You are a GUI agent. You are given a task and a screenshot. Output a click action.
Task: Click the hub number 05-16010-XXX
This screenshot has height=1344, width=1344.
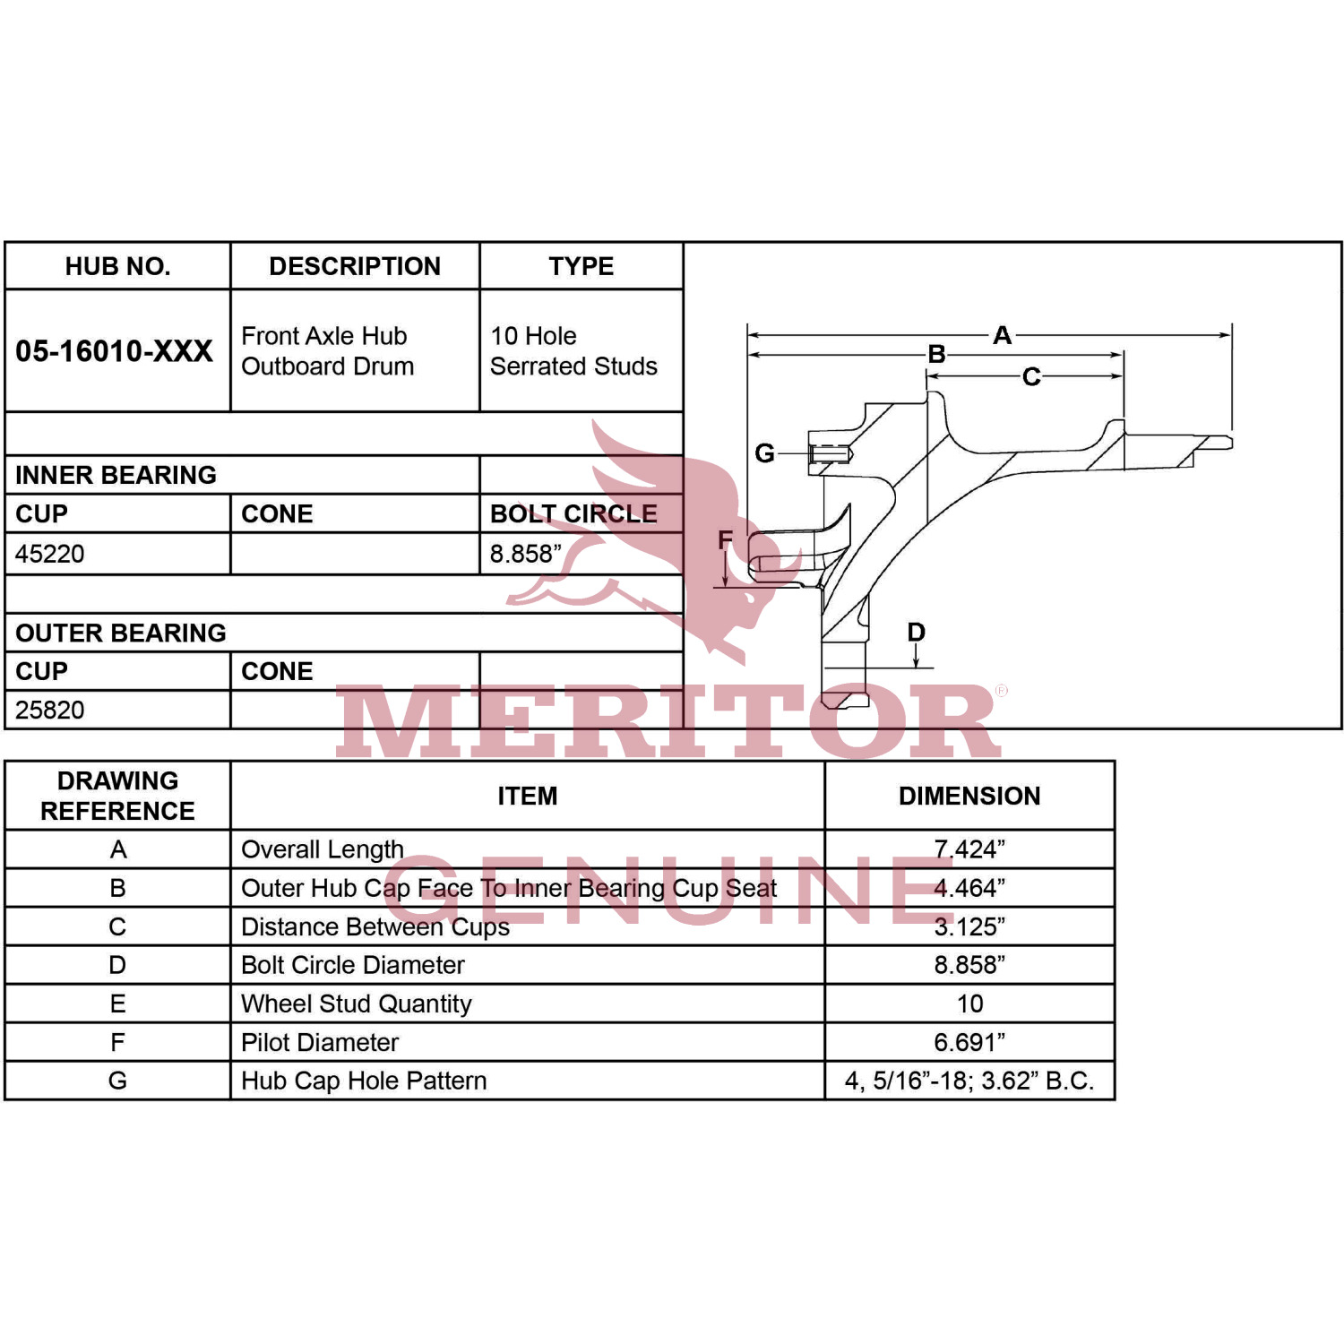[115, 351]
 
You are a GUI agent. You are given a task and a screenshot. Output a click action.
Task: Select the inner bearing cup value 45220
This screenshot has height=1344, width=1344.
[50, 554]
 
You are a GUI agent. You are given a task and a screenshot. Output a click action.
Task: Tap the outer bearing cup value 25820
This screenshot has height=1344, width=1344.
[50, 710]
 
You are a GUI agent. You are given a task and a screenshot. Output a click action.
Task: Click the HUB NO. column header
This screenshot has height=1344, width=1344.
[117, 266]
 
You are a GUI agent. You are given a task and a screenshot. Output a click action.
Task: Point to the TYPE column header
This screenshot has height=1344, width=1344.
[582, 266]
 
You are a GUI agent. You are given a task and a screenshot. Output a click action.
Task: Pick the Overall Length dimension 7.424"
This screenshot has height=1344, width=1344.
[969, 849]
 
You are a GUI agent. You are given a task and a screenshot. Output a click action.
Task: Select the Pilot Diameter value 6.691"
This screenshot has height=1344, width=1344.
[969, 1042]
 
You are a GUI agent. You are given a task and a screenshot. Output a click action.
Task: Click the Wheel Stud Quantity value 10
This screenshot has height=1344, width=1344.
[969, 1004]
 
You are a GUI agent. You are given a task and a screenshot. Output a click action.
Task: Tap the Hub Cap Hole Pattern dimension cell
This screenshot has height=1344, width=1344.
[969, 1081]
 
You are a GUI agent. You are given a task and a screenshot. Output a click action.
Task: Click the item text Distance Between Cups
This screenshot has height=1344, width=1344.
[375, 926]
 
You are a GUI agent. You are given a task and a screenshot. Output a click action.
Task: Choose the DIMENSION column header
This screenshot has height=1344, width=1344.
[969, 796]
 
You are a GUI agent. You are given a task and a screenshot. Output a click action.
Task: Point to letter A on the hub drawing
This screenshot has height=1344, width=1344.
[1002, 335]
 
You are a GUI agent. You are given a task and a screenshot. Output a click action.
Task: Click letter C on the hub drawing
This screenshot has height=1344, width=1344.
[1031, 376]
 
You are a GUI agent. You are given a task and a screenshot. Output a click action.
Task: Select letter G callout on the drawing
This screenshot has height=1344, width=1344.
[764, 453]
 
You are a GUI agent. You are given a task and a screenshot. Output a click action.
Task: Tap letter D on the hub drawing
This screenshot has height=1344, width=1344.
[916, 632]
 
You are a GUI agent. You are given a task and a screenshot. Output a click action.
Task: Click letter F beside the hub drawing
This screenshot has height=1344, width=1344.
[726, 539]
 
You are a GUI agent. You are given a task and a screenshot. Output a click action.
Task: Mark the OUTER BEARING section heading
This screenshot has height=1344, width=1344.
[121, 633]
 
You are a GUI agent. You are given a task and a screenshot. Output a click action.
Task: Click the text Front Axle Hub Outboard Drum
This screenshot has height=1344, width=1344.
[328, 351]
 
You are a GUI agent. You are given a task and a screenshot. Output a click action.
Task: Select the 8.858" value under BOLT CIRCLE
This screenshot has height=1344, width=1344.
[526, 554]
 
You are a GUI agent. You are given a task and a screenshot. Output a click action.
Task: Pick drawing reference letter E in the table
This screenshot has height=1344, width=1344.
[117, 1004]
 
